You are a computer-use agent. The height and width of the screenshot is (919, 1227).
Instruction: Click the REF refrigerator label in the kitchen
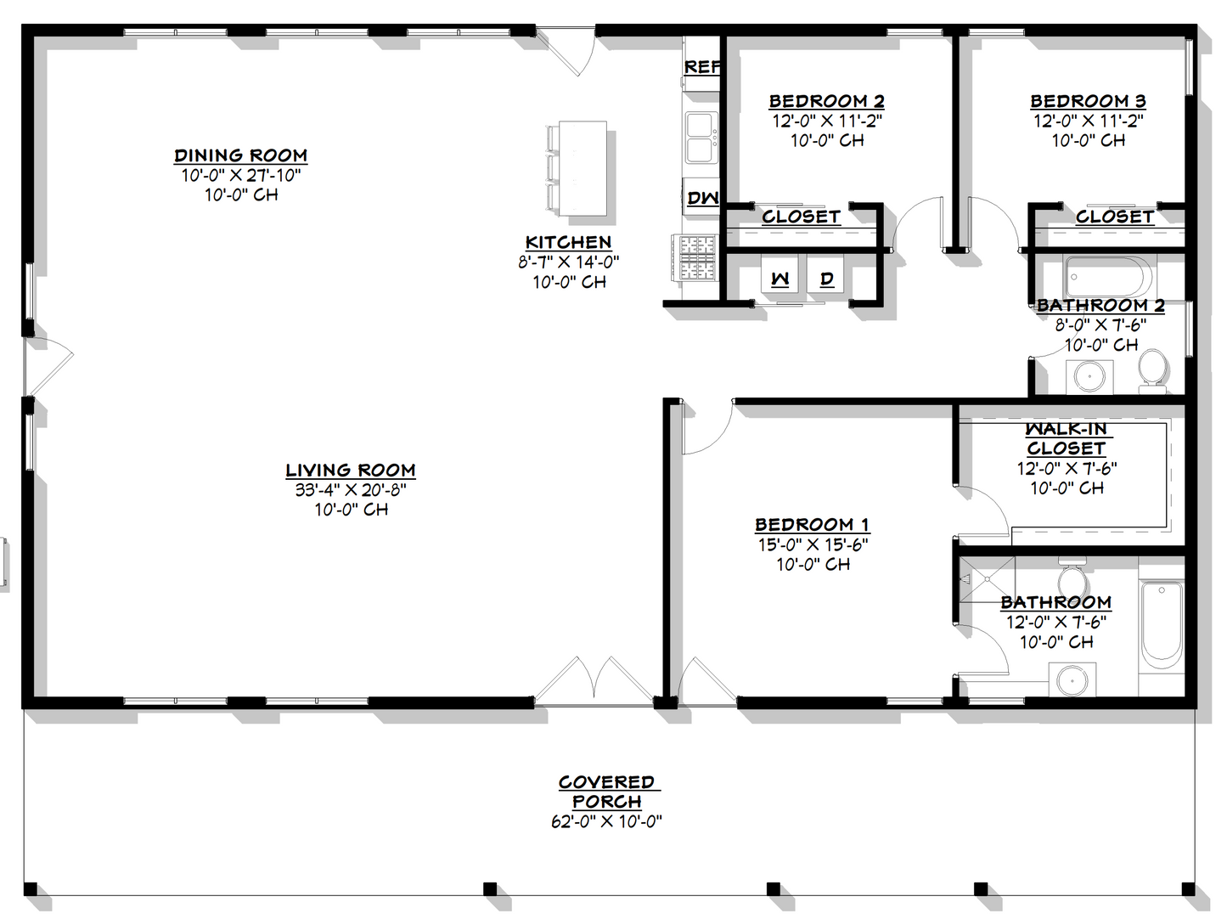tap(702, 66)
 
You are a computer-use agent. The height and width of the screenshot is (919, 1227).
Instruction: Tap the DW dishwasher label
tap(702, 198)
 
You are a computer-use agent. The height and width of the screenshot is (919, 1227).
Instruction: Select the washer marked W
tap(780, 279)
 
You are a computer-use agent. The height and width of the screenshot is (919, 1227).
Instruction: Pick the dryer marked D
tap(826, 279)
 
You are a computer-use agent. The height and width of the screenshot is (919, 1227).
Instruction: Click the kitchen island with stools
tap(582, 168)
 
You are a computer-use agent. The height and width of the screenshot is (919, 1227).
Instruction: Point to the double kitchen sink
tap(701, 137)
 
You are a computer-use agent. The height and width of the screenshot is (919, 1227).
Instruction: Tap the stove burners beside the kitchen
tap(696, 257)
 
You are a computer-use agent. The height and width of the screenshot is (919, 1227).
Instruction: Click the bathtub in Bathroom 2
tap(1109, 276)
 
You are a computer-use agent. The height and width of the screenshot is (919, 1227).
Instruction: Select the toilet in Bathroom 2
tap(1152, 370)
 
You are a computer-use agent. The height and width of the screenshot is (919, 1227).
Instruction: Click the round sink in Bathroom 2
tap(1089, 375)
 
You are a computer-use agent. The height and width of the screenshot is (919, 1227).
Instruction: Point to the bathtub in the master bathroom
tap(1161, 624)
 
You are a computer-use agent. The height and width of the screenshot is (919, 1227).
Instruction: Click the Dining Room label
tap(241, 155)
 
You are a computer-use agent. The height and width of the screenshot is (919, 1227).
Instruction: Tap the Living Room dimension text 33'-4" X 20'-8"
tap(351, 490)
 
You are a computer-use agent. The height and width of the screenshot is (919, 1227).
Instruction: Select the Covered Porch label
tap(607, 792)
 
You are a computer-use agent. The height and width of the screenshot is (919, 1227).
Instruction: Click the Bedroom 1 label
tap(813, 525)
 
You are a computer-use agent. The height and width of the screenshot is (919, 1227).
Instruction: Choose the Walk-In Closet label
tap(1067, 439)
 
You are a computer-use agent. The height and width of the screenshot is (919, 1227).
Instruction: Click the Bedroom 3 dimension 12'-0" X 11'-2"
tap(1088, 121)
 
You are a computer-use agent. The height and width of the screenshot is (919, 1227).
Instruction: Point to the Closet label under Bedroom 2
tap(801, 217)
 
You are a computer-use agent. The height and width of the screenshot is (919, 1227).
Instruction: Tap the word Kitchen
tap(568, 242)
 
